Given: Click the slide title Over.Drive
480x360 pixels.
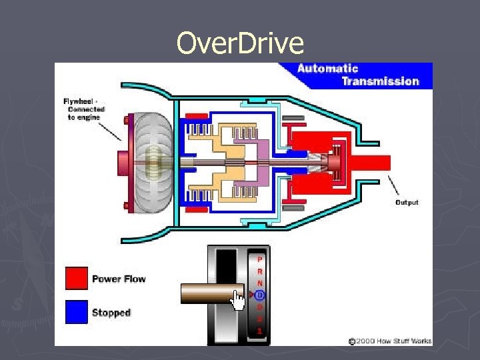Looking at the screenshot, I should pyautogui.click(x=240, y=43).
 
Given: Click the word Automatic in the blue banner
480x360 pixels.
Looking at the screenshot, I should pyautogui.click(x=327, y=68).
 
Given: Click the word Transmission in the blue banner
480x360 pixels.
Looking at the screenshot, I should pyautogui.click(x=380, y=81).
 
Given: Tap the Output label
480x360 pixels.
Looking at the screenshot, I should pyautogui.click(x=407, y=202).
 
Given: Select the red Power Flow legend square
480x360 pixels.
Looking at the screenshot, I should pyautogui.click(x=77, y=279).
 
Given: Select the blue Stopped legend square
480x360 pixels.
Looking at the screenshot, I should pyautogui.click(x=77, y=312).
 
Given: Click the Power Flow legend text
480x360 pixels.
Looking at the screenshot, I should pyautogui.click(x=119, y=279).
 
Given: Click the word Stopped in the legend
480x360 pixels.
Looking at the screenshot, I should pyautogui.click(x=111, y=313).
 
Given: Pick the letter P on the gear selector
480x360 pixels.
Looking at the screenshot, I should pyautogui.click(x=260, y=259).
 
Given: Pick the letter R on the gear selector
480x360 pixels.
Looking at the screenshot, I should pyautogui.click(x=260, y=271).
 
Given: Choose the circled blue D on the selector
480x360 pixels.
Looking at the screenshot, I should pyautogui.click(x=260, y=295).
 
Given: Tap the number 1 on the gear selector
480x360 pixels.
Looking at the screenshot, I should pyautogui.click(x=260, y=331).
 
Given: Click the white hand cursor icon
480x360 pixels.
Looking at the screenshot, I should pyautogui.click(x=238, y=300).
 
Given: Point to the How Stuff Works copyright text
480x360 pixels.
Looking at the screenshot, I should pyautogui.click(x=393, y=341).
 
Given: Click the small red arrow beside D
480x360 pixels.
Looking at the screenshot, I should pyautogui.click(x=251, y=295).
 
